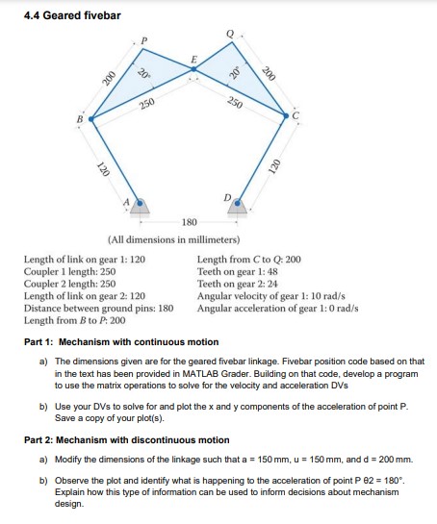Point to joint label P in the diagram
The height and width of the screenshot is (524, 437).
(x=145, y=40)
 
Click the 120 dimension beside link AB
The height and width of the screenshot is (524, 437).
(x=102, y=170)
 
